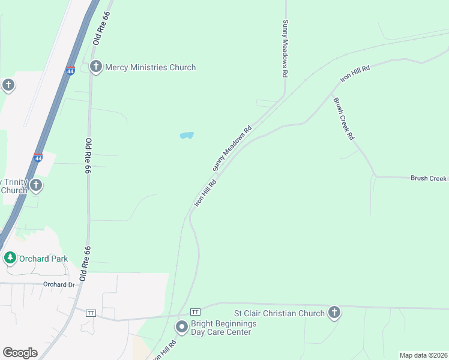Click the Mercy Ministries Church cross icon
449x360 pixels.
(95, 67)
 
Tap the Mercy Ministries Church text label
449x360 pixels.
(150, 67)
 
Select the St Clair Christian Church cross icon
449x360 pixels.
(334, 312)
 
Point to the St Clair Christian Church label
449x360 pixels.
(279, 313)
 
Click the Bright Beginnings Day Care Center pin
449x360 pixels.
(181, 327)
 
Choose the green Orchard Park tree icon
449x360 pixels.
(10, 258)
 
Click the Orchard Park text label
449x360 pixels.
(43, 259)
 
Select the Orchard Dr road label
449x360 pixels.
(58, 284)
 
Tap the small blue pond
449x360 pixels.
(187, 136)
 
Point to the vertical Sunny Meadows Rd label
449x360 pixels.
(286, 48)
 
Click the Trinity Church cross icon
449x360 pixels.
(36, 185)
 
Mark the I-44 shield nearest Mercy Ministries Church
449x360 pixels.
(70, 71)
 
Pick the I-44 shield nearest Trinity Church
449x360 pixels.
(38, 158)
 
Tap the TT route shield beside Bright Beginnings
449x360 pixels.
(194, 312)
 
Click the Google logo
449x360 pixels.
(20, 353)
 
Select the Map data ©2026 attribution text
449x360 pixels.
(423, 355)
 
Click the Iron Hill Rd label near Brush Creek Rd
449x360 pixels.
(355, 74)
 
